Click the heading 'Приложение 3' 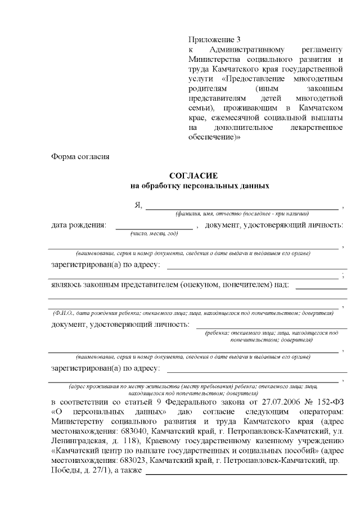pyautogui.click(x=214, y=39)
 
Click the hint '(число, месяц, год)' pyautogui.click(x=154, y=233)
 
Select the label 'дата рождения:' pyautogui.click(x=78, y=226)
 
